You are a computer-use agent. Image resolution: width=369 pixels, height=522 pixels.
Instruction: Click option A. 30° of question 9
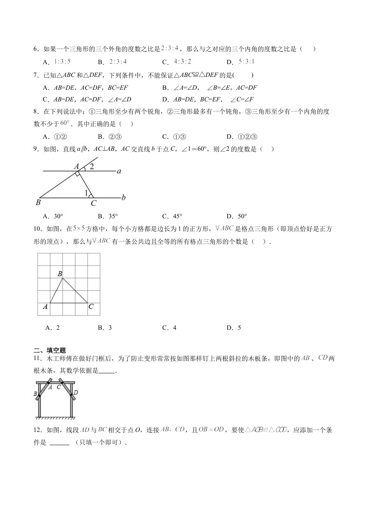pos(53,216)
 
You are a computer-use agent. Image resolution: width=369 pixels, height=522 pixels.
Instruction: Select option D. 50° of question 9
pos(237,216)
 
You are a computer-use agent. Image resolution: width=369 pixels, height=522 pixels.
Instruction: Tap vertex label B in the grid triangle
pos(60,274)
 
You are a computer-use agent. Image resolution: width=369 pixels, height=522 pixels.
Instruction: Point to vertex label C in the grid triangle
pos(91,307)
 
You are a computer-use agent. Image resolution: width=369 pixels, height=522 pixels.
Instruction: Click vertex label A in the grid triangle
pos(45,307)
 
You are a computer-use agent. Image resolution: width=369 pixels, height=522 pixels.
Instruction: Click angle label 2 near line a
pos(92,167)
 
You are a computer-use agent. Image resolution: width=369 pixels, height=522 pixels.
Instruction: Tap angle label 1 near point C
pos(86,193)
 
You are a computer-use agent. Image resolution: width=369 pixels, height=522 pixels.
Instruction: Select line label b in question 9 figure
pos(124,198)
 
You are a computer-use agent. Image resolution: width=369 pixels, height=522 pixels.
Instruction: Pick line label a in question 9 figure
pos(119,171)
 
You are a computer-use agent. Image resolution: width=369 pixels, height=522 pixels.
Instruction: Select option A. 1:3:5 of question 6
pos(57,62)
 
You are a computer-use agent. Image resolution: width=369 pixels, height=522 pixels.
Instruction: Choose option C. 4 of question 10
pos(169,328)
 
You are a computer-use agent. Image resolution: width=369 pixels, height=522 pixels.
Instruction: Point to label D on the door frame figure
pos(76,393)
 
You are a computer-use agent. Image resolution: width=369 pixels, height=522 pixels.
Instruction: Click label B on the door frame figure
pos(35,394)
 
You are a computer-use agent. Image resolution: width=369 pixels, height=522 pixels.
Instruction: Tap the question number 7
pos(36,75)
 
